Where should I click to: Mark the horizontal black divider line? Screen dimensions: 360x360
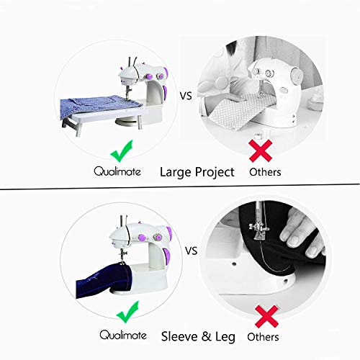[180, 189]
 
